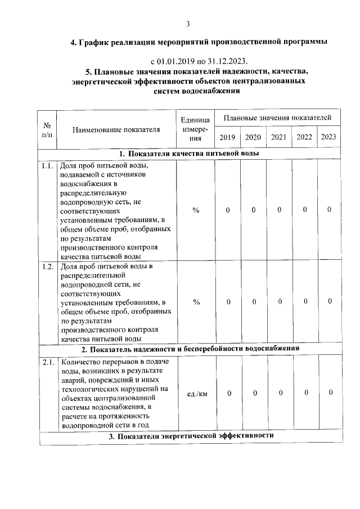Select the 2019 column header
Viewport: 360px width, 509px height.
click(227, 137)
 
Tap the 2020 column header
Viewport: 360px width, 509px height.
click(253, 137)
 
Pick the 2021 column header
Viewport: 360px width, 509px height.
click(279, 137)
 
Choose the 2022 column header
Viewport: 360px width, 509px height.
click(304, 137)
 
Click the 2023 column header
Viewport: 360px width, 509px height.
click(329, 137)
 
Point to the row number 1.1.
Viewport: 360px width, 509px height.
click(48, 165)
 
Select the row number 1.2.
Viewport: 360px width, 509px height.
click(48, 266)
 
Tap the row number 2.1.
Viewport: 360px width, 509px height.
click(48, 362)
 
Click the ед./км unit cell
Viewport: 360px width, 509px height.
click(196, 394)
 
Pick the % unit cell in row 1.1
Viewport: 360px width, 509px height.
click(196, 210)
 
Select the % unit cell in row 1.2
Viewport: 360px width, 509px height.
click(196, 302)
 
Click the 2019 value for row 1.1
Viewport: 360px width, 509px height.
click(228, 210)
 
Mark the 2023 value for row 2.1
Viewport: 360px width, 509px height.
click(331, 393)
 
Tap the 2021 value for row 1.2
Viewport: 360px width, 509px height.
click(280, 301)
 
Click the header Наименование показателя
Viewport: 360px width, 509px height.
click(116, 129)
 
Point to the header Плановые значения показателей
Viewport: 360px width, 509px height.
click(277, 118)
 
